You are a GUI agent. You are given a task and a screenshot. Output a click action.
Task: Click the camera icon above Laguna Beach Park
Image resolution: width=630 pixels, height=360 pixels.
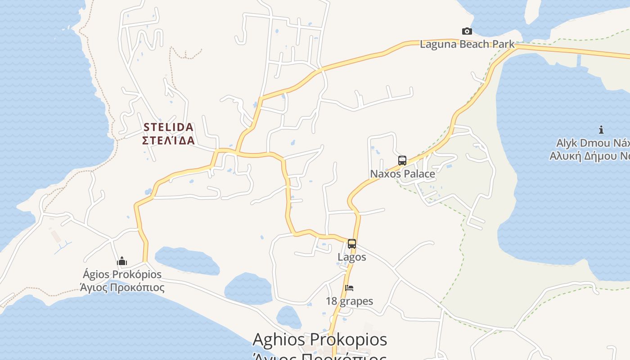(467, 31)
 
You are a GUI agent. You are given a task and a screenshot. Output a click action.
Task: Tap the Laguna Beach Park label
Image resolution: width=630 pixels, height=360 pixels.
(467, 44)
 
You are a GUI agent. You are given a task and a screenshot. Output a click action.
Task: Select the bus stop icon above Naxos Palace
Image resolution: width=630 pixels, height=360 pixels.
(402, 161)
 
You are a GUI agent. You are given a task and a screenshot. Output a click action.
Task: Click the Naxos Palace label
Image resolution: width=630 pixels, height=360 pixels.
(402, 174)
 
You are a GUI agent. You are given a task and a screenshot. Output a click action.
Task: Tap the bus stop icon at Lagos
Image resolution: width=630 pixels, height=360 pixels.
(352, 244)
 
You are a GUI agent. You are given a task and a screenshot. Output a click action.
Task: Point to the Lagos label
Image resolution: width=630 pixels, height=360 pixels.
(352, 257)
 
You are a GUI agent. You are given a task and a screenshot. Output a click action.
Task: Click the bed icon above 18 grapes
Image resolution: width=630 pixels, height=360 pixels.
(349, 288)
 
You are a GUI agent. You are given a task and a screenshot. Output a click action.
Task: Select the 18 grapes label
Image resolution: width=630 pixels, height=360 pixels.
(350, 301)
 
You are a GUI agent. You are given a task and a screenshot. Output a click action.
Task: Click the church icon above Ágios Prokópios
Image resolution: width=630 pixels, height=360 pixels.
(122, 261)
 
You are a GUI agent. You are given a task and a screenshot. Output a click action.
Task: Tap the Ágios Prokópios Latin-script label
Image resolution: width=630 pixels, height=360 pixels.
(122, 274)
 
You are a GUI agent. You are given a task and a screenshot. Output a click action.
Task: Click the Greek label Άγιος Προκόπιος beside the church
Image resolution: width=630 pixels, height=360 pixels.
(122, 287)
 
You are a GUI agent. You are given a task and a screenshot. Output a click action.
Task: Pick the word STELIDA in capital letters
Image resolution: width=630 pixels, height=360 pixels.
(169, 127)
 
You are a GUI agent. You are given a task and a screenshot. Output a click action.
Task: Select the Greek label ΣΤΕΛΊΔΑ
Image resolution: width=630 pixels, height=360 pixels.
(169, 140)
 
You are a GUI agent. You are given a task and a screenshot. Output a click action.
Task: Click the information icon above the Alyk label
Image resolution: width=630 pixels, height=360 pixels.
(601, 130)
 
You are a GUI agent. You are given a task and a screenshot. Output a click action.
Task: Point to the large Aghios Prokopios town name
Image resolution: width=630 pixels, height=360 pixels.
(319, 339)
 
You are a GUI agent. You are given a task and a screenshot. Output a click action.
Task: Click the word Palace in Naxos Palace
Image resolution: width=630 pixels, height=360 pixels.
(419, 174)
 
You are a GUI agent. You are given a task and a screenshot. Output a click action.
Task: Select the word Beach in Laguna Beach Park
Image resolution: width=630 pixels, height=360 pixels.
(472, 44)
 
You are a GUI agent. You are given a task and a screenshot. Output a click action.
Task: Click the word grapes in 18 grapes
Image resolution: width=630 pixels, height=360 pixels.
(356, 301)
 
